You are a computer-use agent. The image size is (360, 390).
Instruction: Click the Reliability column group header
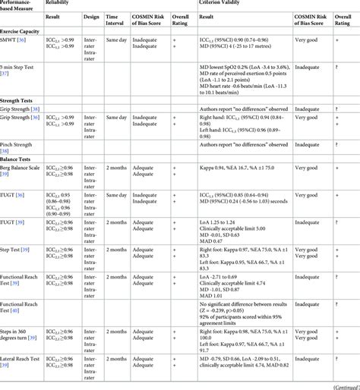(60, 4)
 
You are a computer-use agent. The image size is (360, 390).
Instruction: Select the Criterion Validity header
(222, 4)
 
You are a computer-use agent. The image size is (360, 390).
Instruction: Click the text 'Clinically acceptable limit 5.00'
(233, 228)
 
